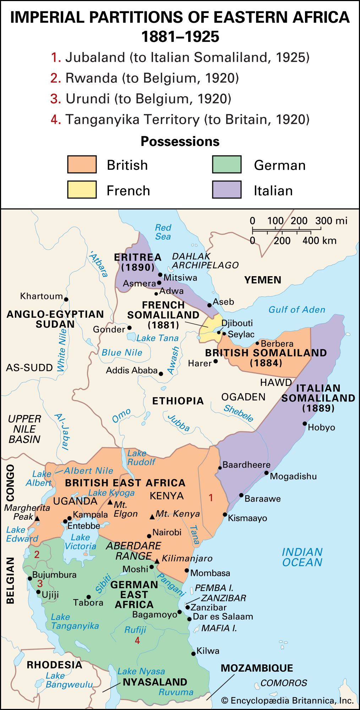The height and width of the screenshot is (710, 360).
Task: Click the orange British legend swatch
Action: (82, 164)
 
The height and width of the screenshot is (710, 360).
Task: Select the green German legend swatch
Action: (227, 164)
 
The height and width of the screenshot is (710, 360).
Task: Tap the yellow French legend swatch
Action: (82, 190)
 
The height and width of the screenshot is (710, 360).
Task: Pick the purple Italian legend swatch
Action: (227, 190)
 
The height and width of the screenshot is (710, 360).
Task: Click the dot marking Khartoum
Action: (66, 299)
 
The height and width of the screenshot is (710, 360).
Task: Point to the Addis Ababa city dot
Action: (161, 373)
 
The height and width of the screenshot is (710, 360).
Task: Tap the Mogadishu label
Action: (293, 476)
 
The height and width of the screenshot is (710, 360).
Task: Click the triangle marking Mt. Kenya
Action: (152, 517)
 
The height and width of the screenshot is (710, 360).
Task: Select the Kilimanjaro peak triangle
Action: (157, 561)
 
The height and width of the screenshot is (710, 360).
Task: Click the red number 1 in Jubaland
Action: (211, 498)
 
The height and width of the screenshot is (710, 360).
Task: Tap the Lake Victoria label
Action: (80, 542)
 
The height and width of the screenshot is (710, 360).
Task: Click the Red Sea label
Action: (163, 232)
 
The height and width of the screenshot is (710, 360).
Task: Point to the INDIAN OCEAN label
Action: (302, 557)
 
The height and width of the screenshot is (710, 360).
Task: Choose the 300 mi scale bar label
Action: (331, 221)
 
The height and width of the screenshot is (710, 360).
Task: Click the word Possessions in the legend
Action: (180, 141)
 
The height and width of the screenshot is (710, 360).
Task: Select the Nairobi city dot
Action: (149, 536)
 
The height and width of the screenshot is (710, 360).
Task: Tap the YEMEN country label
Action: (263, 280)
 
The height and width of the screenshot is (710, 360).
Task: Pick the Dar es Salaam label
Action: (223, 616)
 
